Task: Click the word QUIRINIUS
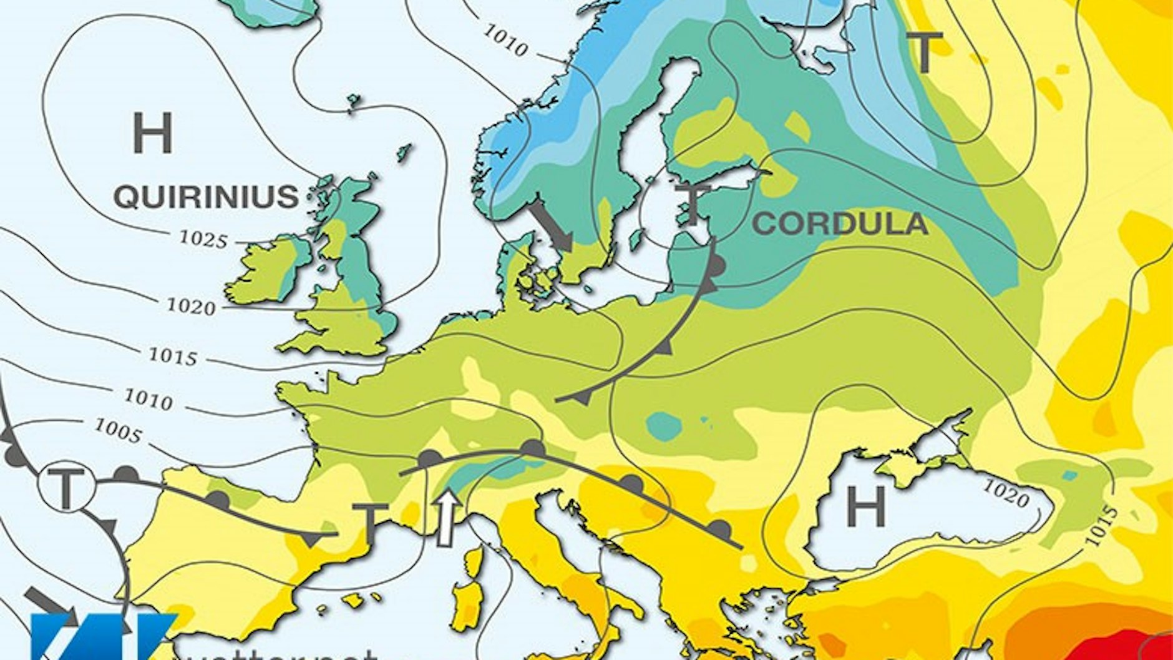206,197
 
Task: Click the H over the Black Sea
866,506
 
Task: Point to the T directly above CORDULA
693,204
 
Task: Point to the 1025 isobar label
203,239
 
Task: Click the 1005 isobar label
117,430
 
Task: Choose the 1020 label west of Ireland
191,306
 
